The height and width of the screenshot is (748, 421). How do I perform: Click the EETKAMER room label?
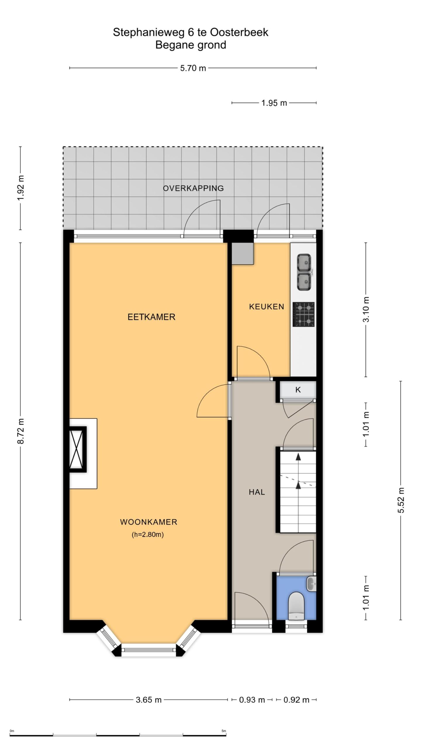pos(151,317)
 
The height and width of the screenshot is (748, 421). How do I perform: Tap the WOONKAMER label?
pos(149,522)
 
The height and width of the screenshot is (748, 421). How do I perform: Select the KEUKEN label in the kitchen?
pos(266,307)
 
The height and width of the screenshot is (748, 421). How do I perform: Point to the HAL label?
pos(257,492)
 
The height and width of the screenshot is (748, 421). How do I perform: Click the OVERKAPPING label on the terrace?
pos(193,188)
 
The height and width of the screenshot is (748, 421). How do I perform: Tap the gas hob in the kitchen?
pos(303,314)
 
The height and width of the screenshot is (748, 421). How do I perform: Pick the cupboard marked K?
pos(298,390)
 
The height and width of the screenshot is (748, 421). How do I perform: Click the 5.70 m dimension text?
pos(193,68)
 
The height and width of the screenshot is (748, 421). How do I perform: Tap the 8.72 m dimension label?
pos(21,431)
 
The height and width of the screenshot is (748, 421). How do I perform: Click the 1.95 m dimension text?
pos(274,103)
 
